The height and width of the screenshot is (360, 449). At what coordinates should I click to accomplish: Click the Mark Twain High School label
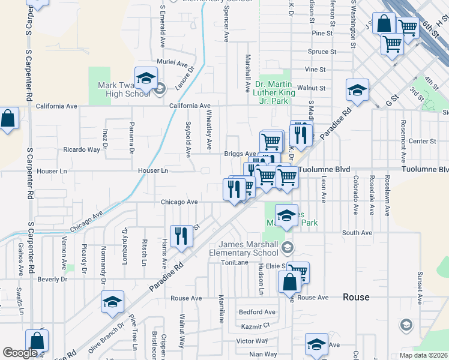[124, 89]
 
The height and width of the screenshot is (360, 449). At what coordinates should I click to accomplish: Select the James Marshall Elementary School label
[249, 248]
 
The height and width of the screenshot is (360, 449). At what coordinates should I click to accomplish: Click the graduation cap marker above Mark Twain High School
[146, 78]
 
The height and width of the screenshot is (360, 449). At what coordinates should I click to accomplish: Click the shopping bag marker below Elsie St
[289, 282]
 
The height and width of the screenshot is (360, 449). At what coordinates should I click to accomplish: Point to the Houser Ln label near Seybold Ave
[154, 171]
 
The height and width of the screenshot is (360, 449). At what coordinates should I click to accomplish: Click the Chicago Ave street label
[179, 202]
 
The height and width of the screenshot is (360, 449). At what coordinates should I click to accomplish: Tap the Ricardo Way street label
[82, 149]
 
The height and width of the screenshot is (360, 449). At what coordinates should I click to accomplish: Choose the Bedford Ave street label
[257, 312]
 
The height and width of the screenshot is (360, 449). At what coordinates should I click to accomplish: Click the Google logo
[20, 353]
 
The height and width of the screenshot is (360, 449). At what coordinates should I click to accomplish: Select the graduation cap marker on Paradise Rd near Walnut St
[357, 90]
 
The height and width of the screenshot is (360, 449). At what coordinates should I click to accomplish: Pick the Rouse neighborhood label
[357, 297]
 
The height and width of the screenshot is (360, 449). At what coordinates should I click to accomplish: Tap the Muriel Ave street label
[172, 62]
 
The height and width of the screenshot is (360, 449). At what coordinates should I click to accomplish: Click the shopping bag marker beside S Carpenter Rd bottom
[37, 341]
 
